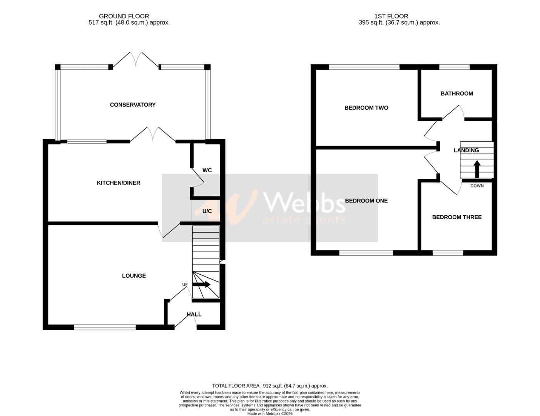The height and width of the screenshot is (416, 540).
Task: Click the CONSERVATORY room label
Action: (132, 105)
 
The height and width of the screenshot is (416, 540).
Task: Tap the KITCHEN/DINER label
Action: (118, 183)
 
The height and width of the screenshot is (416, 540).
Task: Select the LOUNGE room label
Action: (134, 276)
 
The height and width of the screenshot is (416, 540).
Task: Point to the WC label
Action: (207, 170)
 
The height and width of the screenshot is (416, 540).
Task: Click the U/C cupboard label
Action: (207, 211)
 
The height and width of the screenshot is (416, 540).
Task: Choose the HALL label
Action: (194, 315)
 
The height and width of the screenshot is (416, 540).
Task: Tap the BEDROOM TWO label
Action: (366, 108)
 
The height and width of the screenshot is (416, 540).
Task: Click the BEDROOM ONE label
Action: (366, 201)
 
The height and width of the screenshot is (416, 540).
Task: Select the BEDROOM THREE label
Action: (456, 217)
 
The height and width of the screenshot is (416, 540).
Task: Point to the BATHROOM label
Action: (456, 94)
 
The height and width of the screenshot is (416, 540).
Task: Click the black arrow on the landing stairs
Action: (476, 168)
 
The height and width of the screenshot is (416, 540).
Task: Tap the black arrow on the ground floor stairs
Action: (201, 285)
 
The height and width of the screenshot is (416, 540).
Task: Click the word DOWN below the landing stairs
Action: (477, 186)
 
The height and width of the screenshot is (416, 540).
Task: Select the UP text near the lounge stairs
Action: (185, 285)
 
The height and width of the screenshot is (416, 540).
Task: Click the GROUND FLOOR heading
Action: (124, 16)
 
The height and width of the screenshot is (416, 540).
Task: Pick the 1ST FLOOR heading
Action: (391, 16)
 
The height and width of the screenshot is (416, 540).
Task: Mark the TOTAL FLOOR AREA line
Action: (270, 386)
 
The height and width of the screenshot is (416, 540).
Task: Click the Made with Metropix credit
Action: (270, 414)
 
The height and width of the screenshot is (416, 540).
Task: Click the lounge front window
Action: (105, 327)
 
